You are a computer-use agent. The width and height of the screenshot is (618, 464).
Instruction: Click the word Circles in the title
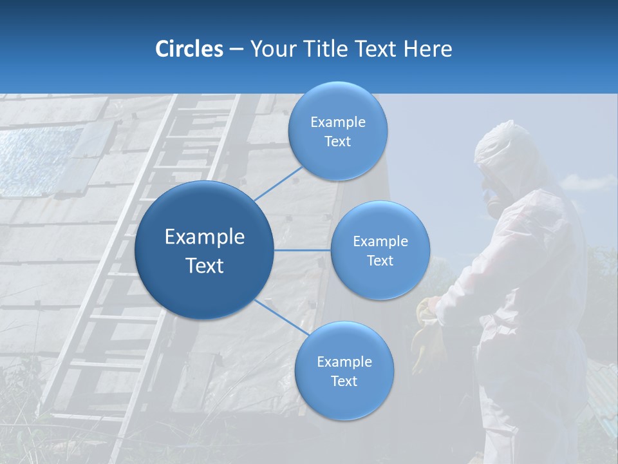pyautogui.click(x=189, y=49)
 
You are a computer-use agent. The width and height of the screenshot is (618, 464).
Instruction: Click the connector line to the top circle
pyautogui.click(x=279, y=183)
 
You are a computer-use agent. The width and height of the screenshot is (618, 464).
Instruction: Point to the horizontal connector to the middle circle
pyautogui.click(x=303, y=250)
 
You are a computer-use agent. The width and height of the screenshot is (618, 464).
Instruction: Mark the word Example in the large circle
pyautogui.click(x=205, y=237)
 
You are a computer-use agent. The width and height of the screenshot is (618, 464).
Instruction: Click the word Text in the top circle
pyautogui.click(x=338, y=142)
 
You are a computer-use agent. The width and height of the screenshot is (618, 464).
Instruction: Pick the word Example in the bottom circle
pyautogui.click(x=344, y=362)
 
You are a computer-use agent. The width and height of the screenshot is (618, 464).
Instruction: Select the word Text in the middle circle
pyautogui.click(x=380, y=260)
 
